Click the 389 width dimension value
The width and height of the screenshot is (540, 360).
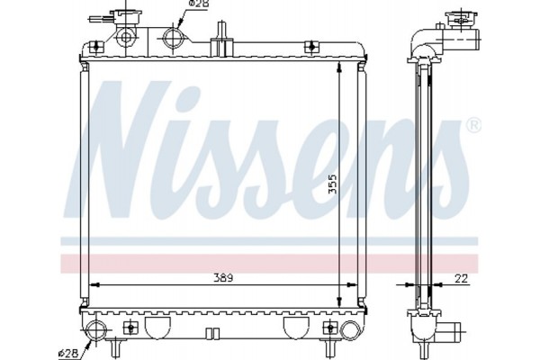pyautogui.click(x=220, y=278)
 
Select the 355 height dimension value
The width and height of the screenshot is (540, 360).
pyautogui.click(x=331, y=184)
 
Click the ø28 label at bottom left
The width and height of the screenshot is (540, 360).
pyautogui.click(x=69, y=351)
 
